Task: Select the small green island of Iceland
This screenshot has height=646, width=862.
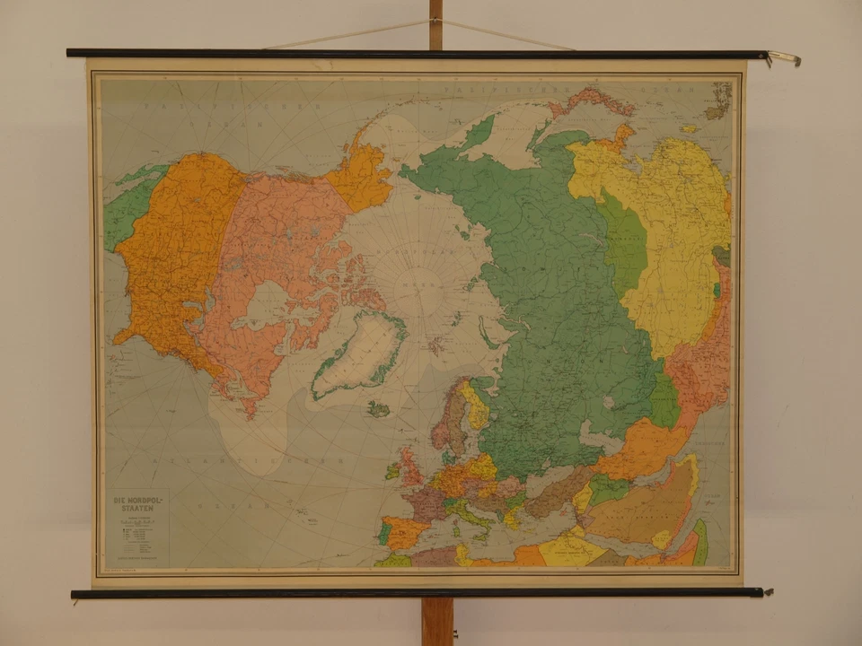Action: click(x=379, y=409)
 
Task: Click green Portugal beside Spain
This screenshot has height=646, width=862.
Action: click(x=384, y=534)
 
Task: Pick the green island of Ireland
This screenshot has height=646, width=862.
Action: click(x=392, y=469)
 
